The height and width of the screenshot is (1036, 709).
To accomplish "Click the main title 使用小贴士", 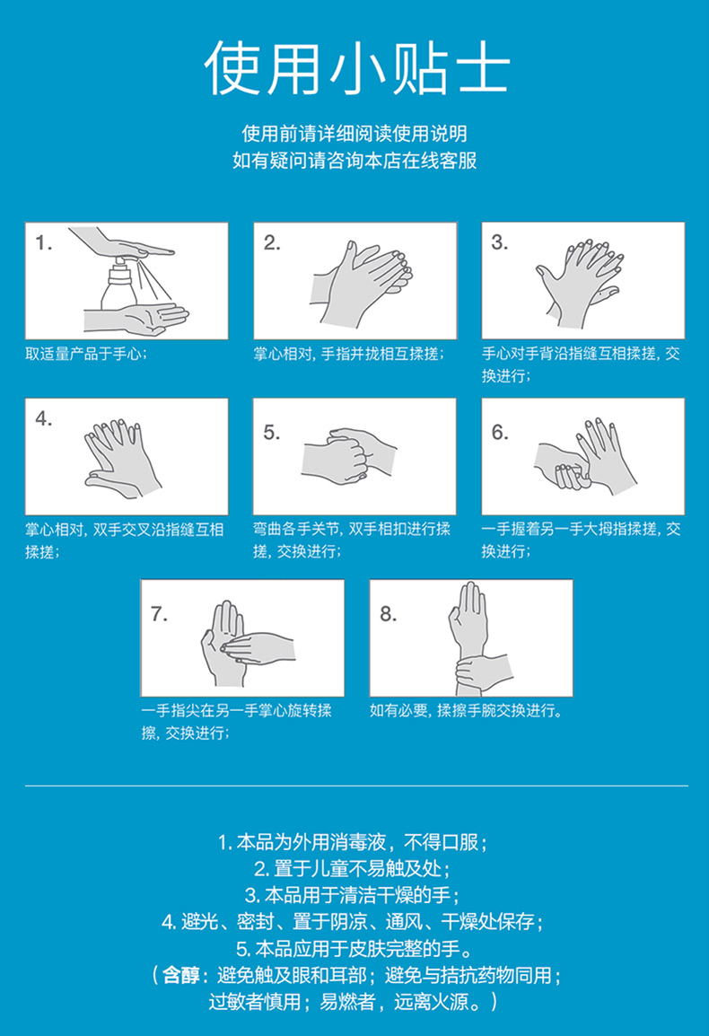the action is click(356, 68).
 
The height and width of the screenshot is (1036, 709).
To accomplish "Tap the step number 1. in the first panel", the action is click(44, 243).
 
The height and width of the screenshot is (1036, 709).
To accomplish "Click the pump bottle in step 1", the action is click(119, 285).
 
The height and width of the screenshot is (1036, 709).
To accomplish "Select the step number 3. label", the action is click(500, 242).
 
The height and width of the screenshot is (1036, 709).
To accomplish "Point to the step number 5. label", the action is click(272, 432).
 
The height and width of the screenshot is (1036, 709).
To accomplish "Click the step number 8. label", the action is click(389, 614).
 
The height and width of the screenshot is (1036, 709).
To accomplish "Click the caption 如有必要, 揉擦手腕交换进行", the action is click(467, 711).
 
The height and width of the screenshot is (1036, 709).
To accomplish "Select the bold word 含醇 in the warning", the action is click(180, 975).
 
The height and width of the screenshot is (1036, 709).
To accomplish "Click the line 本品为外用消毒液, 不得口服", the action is click(354, 842).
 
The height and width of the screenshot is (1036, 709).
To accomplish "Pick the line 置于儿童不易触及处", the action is click(354, 869).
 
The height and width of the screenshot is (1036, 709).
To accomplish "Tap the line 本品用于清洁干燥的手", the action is click(354, 895).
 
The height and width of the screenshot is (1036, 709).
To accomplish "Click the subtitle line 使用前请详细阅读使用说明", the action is click(354, 134).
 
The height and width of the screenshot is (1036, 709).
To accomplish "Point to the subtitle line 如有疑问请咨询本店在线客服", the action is click(354, 161).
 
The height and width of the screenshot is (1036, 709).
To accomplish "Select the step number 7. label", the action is click(159, 614).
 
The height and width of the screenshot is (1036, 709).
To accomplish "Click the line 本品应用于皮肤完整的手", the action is click(354, 949).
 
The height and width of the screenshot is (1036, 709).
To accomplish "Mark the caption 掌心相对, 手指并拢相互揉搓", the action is click(349, 354).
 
